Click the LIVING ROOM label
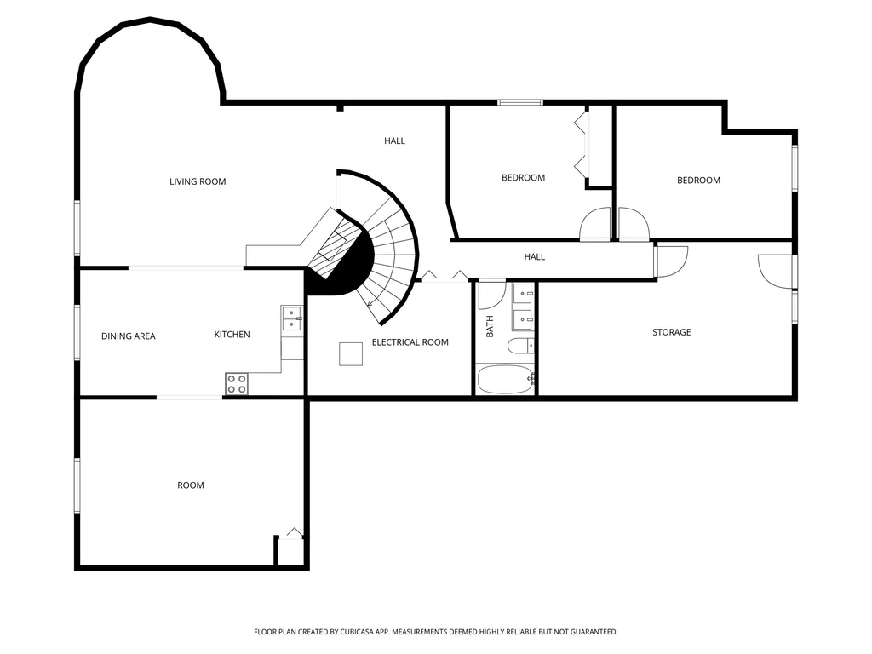(198, 181)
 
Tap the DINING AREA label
(128, 336)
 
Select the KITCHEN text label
(232, 335)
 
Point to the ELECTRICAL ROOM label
(410, 342)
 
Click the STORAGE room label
(671, 332)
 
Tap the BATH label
(490, 326)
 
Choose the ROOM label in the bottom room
(191, 485)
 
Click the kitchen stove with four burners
(237, 384)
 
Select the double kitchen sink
(292, 318)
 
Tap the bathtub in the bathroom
(505, 379)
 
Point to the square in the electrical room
(351, 353)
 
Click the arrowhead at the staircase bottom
(370, 302)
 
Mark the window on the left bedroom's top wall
(520, 103)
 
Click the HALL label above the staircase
(394, 141)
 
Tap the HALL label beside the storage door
(534, 257)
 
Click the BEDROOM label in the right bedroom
(698, 181)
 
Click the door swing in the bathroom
(491, 294)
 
